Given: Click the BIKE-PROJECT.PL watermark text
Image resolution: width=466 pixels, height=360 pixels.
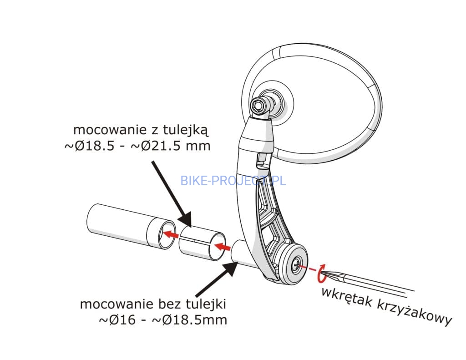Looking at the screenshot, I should click(233, 180).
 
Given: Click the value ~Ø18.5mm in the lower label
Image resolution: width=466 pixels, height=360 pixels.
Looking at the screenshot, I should click(189, 319).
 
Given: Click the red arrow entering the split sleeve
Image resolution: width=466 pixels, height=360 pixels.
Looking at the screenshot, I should click(222, 247).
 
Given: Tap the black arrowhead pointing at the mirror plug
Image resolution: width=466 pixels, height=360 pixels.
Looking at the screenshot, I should click(229, 269).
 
